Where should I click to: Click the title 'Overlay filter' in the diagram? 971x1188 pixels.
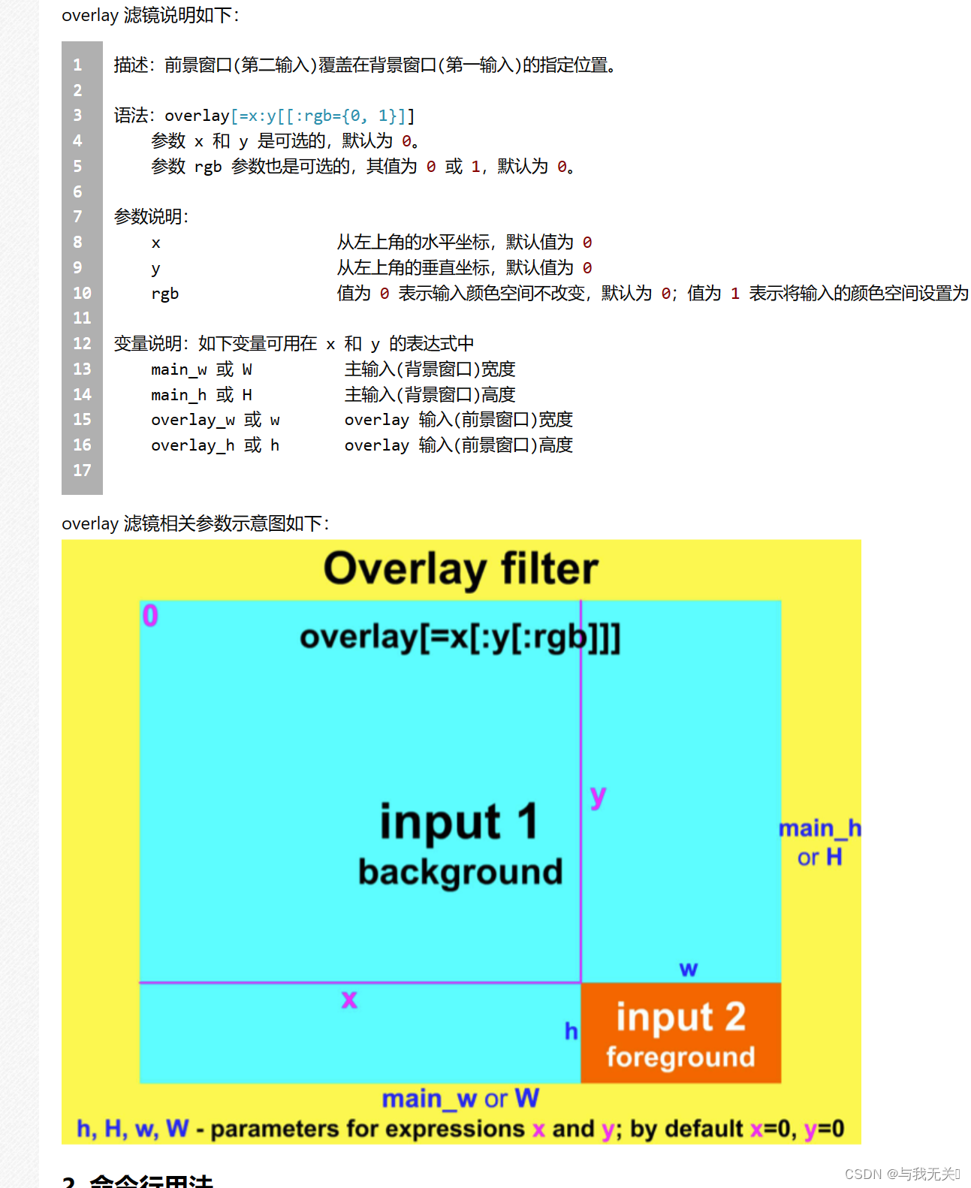(460, 568)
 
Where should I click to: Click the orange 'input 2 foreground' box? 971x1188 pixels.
(680, 1033)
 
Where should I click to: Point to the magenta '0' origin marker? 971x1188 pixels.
(150, 616)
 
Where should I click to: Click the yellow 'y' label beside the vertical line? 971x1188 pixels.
(598, 796)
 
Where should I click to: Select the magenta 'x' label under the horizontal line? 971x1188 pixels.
(349, 1000)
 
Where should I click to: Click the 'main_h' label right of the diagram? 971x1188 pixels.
(819, 828)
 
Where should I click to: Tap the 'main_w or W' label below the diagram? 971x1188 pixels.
(460, 1099)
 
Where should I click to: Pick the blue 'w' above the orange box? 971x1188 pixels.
(689, 969)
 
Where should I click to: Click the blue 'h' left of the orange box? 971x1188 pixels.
(571, 1031)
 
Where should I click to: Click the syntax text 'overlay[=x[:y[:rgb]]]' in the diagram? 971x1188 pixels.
(460, 638)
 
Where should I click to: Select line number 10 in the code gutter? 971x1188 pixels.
(82, 293)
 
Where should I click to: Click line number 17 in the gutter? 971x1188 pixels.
(82, 470)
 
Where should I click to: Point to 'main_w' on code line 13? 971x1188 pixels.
(179, 369)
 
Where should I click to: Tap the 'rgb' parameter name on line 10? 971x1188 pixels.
(164, 294)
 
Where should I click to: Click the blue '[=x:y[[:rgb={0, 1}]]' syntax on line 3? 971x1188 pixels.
(322, 116)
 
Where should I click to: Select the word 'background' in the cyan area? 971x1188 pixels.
(460, 872)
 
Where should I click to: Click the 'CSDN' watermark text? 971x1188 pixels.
(863, 1174)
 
